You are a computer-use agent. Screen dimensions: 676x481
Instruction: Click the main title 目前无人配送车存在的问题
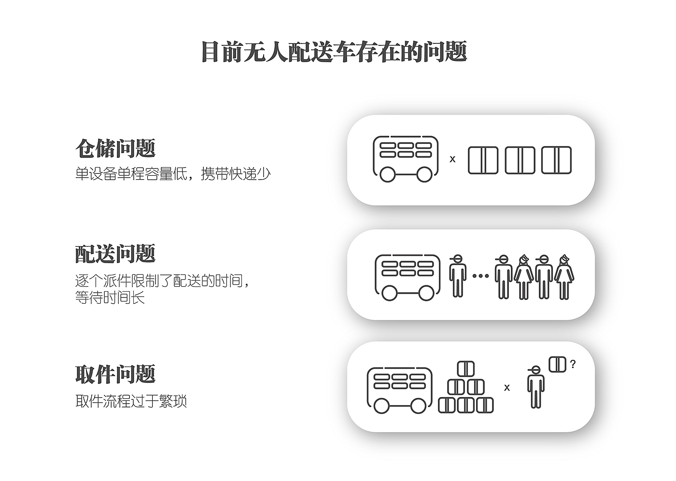[334, 52]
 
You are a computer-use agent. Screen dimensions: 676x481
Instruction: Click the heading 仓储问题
[115, 148]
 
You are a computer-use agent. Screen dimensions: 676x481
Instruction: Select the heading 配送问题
[115, 254]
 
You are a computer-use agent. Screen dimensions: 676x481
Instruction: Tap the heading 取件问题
[115, 374]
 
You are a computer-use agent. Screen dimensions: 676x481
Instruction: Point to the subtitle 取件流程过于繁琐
[131, 401]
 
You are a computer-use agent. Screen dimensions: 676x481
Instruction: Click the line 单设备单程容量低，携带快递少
[173, 174]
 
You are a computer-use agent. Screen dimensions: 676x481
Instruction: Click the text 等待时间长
[110, 297]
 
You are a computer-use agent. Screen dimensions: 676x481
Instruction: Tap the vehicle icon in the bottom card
[399, 390]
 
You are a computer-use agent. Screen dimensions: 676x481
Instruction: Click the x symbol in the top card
[452, 159]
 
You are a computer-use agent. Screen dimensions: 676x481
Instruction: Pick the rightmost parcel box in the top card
[556, 160]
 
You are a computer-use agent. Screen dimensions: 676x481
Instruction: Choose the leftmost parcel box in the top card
[483, 160]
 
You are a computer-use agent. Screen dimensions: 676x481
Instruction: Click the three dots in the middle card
[480, 276]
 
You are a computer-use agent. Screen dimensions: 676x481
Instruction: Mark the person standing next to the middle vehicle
[457, 276]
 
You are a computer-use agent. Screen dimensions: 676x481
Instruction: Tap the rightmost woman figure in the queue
[564, 277]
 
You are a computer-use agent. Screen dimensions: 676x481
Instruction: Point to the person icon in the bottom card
[535, 387]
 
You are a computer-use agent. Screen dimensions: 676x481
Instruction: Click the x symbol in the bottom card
[507, 387]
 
